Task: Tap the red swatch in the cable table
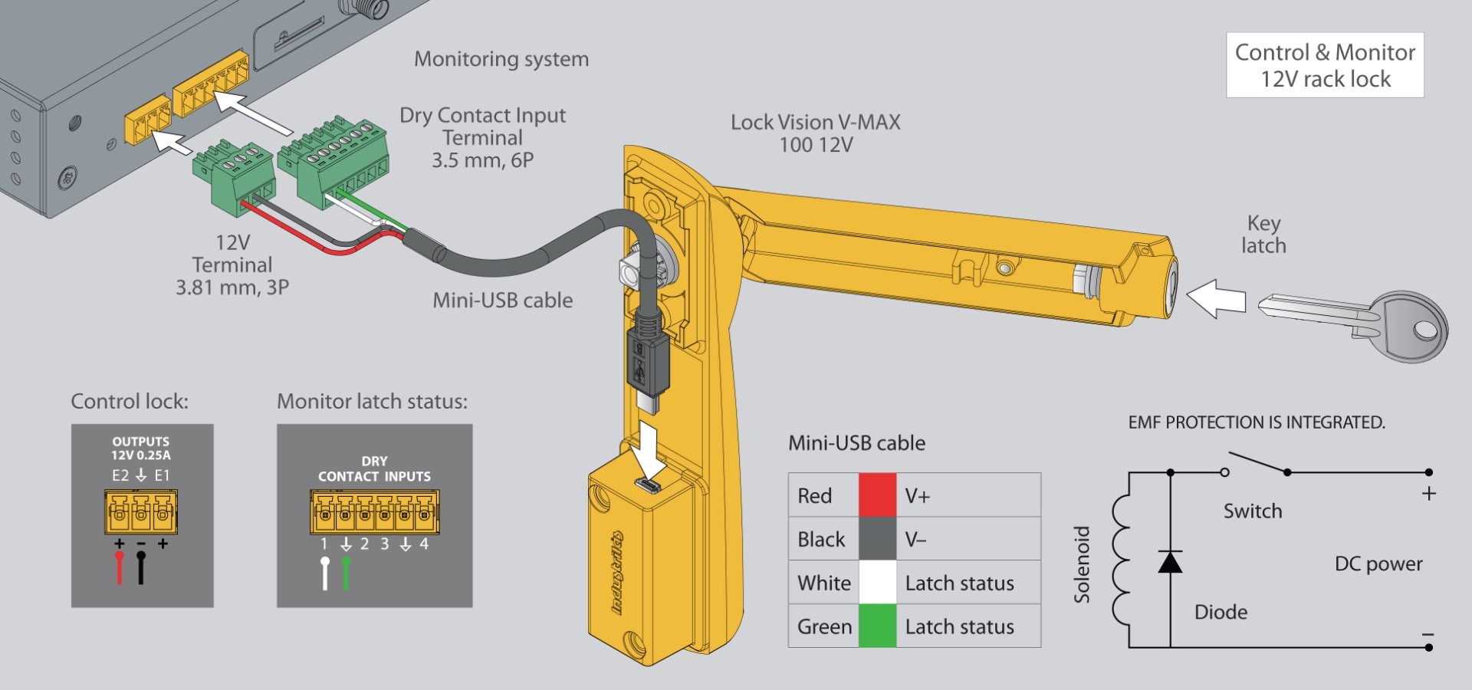pos(877,495)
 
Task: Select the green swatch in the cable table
pos(877,626)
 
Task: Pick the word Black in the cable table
pos(821,539)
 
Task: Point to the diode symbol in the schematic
pos(1170,562)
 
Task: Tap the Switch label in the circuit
pos(1253,511)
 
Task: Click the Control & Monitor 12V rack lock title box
pos(1325,65)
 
